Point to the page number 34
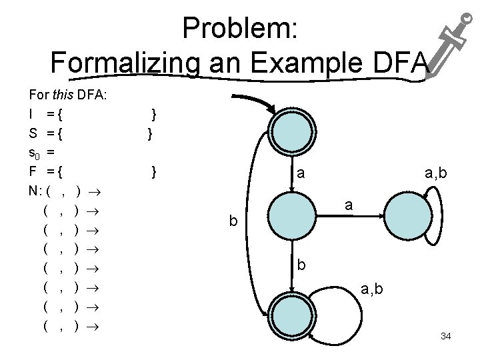pos(446,336)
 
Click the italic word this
pos(63,95)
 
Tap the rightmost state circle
pos(408,214)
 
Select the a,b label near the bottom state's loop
pos(373,288)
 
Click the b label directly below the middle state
pos(302,265)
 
